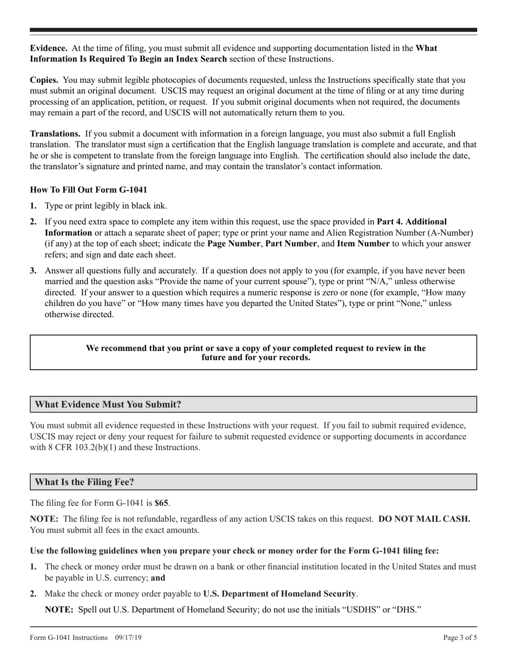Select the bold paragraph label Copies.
tap(44, 80)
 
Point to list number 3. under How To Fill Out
tap(34, 271)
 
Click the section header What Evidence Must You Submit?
tap(108, 404)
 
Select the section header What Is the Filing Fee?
tap(84, 482)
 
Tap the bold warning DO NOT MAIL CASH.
tap(424, 519)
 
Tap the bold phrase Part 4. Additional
tap(411, 221)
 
